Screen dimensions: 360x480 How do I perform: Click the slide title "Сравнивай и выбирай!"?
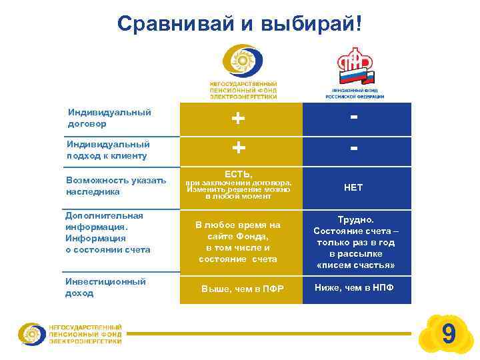tap(241, 25)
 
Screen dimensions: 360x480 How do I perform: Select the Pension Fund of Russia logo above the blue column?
tap(355, 71)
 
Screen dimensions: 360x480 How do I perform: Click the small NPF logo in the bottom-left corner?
tap(70, 333)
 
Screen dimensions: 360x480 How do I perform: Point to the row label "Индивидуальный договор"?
tap(108, 118)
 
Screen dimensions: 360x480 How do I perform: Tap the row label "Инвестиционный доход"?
tap(105, 287)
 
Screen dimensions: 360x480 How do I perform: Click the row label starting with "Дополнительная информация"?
tap(107, 233)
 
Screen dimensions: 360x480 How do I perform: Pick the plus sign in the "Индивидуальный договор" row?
tap(238, 118)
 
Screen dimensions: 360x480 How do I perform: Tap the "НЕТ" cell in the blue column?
tap(353, 188)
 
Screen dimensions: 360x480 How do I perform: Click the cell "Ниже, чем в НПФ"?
tap(354, 287)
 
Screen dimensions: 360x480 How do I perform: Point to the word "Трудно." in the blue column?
tap(354, 219)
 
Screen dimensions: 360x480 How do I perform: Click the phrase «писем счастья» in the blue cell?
tap(354, 265)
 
